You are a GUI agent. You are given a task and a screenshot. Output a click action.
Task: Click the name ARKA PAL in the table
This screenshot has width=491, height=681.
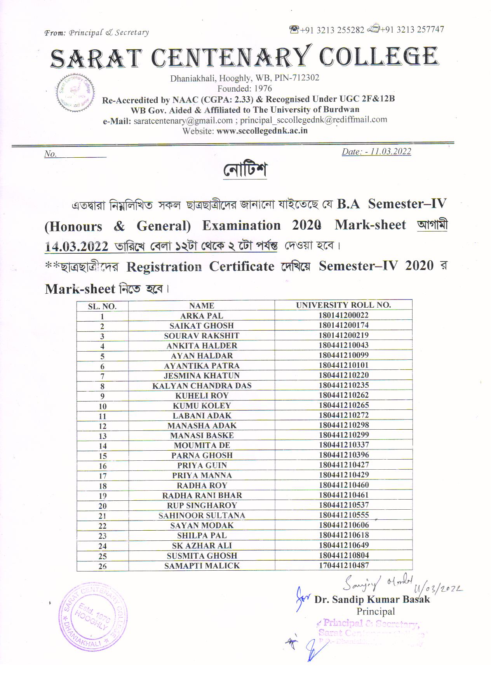point(201,316)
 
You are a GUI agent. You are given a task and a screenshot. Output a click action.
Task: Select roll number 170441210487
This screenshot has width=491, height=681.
point(343,565)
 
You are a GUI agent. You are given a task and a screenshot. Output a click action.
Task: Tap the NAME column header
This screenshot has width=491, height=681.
point(201,306)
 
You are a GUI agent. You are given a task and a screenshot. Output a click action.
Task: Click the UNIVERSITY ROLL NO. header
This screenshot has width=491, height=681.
point(343,305)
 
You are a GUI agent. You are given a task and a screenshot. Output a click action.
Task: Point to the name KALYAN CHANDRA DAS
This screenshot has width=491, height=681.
point(201,386)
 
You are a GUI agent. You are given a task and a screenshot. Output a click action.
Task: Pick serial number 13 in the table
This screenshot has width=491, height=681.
point(103,436)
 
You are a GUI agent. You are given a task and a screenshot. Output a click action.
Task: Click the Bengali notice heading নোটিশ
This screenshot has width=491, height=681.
point(245,170)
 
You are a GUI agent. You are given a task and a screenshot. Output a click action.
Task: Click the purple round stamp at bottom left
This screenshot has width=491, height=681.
point(93,617)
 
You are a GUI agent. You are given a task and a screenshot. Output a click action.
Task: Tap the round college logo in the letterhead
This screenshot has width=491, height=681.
point(75,92)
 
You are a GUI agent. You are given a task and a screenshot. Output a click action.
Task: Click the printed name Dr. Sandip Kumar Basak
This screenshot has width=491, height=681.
point(372,599)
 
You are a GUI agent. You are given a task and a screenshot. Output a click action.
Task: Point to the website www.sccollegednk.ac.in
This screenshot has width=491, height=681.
point(262,131)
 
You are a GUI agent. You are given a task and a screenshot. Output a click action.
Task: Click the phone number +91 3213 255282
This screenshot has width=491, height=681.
point(332,30)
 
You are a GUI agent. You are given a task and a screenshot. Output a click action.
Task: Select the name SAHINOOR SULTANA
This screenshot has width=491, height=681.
point(201,516)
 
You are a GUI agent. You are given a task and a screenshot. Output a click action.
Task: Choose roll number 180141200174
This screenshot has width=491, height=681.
point(343,325)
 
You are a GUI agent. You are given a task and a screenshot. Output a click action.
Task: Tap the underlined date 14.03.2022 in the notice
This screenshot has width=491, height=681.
point(77,246)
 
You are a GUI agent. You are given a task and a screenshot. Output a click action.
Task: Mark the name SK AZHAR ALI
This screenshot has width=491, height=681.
point(201,545)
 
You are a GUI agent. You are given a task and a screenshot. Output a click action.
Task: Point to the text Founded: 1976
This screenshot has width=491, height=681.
point(245,89)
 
